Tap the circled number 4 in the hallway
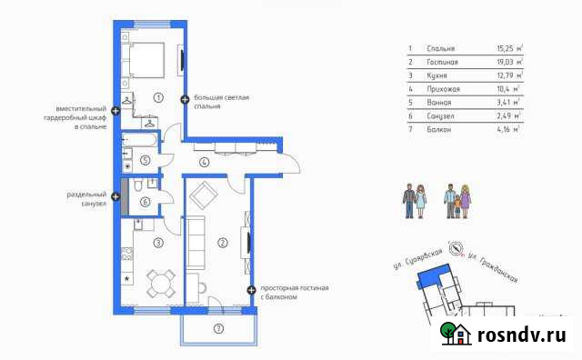point(205,163)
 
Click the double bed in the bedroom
point(145,60)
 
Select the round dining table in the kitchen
point(161,283)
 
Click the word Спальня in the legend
point(439,48)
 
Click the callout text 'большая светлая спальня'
point(221,100)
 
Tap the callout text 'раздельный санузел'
point(87,199)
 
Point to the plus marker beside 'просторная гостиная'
point(251,290)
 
